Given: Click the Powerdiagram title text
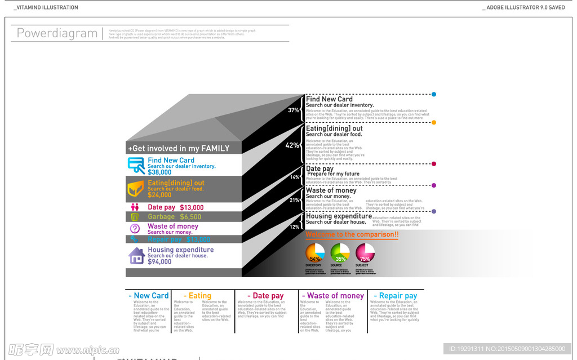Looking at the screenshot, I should (x=57, y=33).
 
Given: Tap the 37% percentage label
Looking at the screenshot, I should (x=294, y=110).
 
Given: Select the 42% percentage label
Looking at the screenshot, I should (x=292, y=145).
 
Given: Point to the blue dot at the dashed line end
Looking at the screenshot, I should (x=434, y=95).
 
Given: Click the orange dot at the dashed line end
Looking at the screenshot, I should (x=434, y=122).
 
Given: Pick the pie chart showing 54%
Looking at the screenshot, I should (x=315, y=253).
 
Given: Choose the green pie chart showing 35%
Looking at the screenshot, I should (x=340, y=253).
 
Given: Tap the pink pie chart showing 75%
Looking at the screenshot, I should (x=365, y=253).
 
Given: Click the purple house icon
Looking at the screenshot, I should (x=137, y=256).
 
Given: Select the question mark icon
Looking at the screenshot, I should (x=135, y=228).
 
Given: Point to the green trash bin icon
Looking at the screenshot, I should (x=135, y=217).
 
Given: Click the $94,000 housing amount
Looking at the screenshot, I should (x=159, y=262).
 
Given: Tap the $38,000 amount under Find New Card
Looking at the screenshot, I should (x=159, y=172).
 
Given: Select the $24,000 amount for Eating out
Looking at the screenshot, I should (x=159, y=195).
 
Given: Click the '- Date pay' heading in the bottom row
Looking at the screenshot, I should (x=266, y=296).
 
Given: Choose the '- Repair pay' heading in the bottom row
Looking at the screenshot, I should (x=396, y=296).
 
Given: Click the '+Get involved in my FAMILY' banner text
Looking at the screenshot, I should (x=179, y=149).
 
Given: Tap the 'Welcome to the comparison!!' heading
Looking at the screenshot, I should (x=352, y=234).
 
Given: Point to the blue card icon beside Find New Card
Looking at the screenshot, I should (x=136, y=165).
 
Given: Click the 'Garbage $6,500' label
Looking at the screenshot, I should (x=175, y=217).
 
